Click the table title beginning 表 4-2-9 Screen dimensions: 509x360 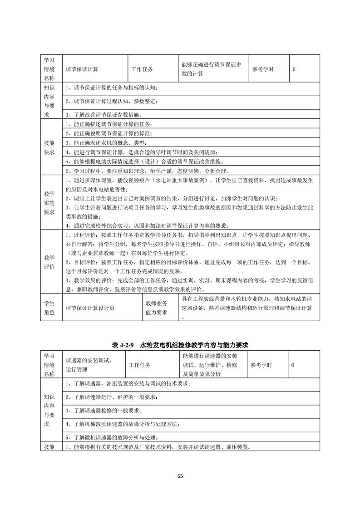tap(180, 345)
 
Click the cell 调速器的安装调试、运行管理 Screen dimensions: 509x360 tap(89, 365)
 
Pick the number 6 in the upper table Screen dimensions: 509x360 tap(294, 69)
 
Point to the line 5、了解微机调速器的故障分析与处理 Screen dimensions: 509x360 tap(112, 438)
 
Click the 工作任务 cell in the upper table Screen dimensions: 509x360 tap(142, 69)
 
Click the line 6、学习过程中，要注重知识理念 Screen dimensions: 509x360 tap(148, 171)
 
